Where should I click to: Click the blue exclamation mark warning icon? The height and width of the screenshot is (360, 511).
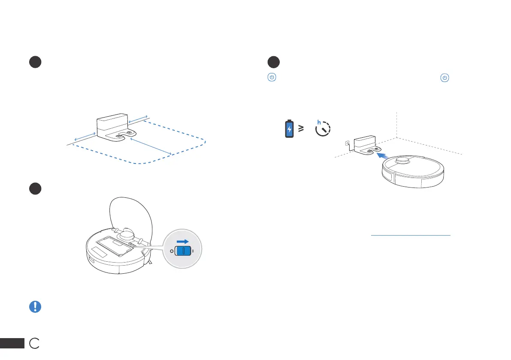click(x=35, y=306)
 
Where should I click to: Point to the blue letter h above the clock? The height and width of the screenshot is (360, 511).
click(x=319, y=122)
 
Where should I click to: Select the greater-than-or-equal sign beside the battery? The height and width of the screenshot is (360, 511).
click(x=302, y=128)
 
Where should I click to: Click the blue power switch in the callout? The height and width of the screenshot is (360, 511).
click(x=183, y=251)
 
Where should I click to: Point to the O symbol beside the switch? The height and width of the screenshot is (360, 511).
click(x=171, y=251)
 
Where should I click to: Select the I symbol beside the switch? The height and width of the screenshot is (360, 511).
click(x=194, y=251)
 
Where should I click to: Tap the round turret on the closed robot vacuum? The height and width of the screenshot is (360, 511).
click(x=402, y=161)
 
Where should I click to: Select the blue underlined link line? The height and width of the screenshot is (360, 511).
click(x=411, y=235)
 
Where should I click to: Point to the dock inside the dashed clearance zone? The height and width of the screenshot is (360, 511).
click(x=112, y=127)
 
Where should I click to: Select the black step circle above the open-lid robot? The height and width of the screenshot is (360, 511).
click(x=35, y=189)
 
